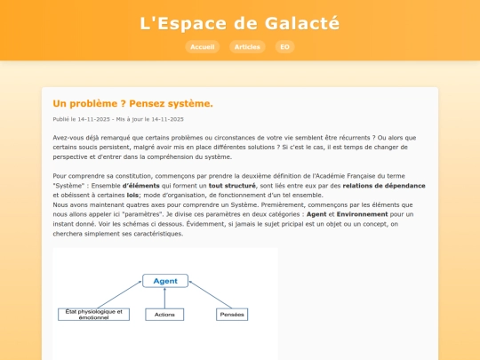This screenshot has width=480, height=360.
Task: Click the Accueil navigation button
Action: point(203,47)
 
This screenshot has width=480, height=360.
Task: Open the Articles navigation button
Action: point(247,47)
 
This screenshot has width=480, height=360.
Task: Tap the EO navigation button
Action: point(284,47)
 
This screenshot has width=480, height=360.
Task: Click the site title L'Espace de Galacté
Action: point(240,23)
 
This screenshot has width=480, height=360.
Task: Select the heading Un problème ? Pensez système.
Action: point(133,103)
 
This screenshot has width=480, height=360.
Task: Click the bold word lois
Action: point(133,195)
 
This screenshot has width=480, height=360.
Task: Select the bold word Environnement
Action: point(362,214)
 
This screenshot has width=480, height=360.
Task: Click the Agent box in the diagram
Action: point(165,281)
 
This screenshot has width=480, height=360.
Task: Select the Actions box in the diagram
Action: point(165,315)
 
